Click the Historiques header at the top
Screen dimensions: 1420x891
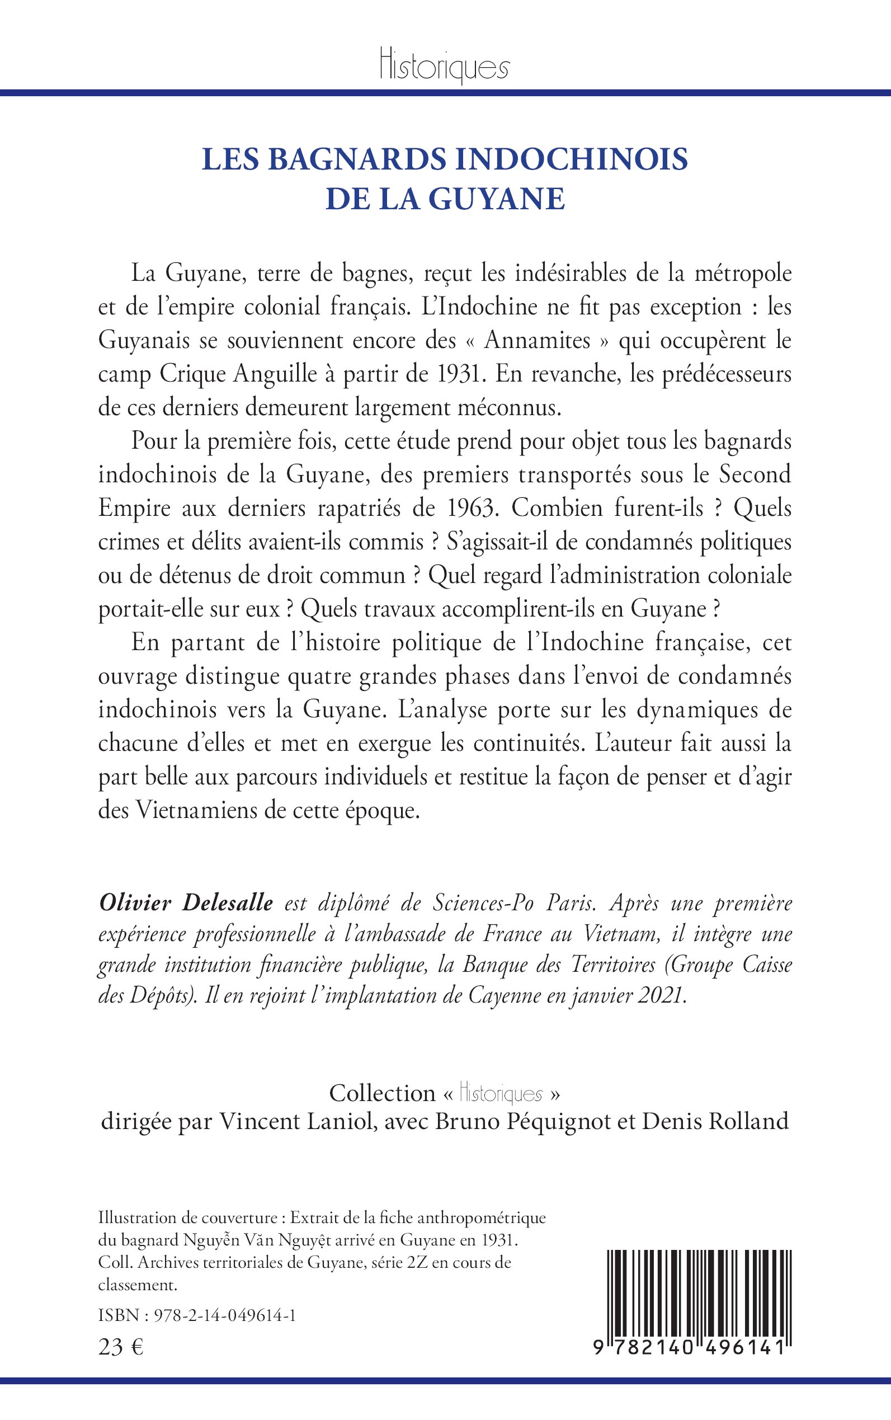(444, 67)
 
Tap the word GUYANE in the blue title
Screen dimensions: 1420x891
(496, 199)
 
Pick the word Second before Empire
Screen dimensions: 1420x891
(755, 475)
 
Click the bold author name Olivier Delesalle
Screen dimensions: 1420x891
(186, 904)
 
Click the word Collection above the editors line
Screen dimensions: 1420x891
(382, 1094)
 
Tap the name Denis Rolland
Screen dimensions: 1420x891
(715, 1121)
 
